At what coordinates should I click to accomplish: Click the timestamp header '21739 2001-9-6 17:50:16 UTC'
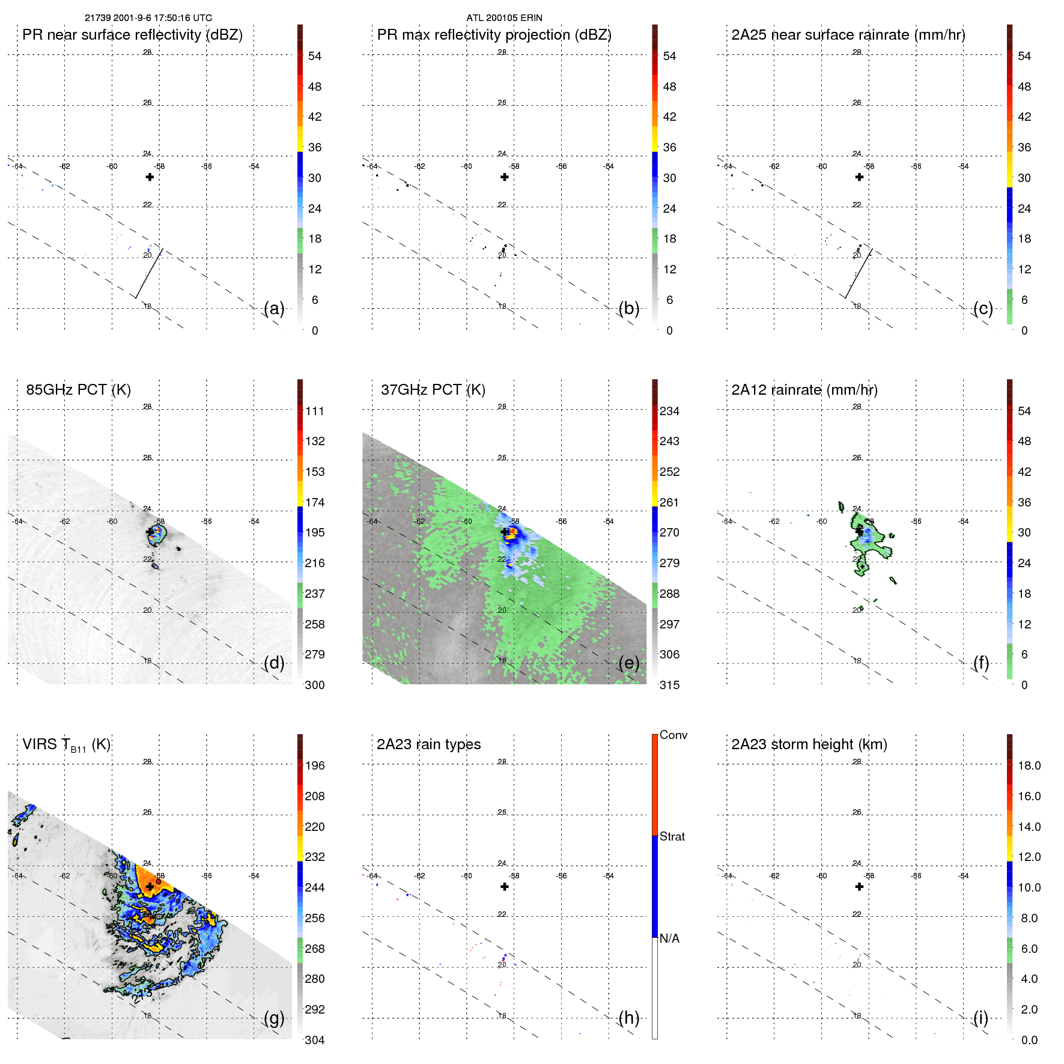click(148, 18)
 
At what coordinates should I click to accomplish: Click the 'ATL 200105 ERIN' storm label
click(504, 18)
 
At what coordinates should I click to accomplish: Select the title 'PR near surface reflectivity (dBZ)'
click(132, 35)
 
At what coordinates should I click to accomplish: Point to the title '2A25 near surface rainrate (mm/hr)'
click(848, 35)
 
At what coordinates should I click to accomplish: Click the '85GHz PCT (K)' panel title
click(78, 390)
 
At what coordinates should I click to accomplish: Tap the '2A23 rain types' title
click(428, 744)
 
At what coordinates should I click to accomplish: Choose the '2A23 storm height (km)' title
click(809, 744)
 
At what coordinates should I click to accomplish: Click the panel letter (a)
click(274, 308)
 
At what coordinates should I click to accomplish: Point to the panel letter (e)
click(628, 663)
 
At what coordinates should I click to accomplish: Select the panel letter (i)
click(980, 1018)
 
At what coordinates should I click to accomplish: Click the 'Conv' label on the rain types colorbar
click(673, 735)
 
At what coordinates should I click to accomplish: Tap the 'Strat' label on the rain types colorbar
click(672, 836)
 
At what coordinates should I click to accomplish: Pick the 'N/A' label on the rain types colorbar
click(669, 938)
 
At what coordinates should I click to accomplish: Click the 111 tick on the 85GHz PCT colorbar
click(315, 411)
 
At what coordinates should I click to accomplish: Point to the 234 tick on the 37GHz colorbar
click(669, 411)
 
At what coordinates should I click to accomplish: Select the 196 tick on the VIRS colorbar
click(315, 765)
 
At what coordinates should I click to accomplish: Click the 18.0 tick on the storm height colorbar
click(1029, 765)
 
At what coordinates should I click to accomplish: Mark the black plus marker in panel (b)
click(505, 177)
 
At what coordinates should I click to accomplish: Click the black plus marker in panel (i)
click(859, 887)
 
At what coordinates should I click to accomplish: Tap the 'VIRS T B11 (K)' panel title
click(66, 745)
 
